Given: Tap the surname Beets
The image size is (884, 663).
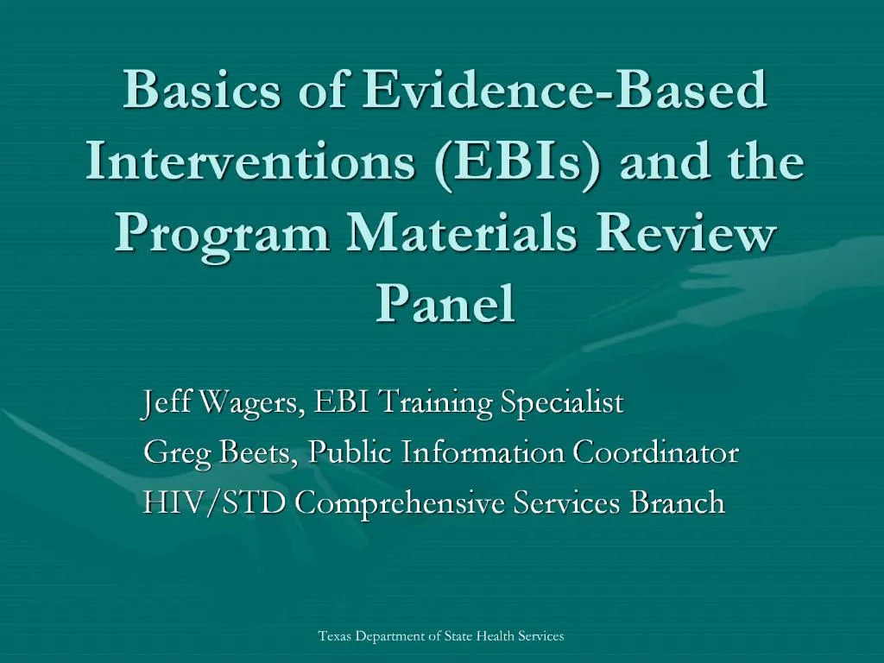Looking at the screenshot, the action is pyautogui.click(x=259, y=452).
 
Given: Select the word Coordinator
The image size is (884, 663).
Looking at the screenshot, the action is pyautogui.click(x=656, y=452).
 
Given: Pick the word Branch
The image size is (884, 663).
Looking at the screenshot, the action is pyautogui.click(x=677, y=502).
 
